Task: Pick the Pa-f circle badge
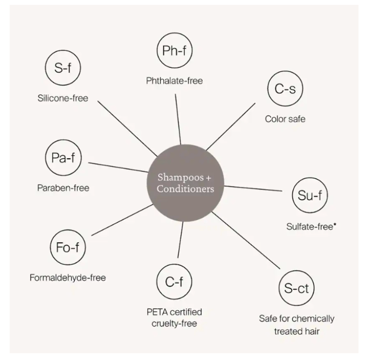pyautogui.click(x=62, y=158)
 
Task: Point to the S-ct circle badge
pyautogui.click(x=296, y=289)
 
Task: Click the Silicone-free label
pyautogui.click(x=62, y=98)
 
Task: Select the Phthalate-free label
pyautogui.click(x=174, y=81)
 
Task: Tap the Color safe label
pyautogui.click(x=285, y=119)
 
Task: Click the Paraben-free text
pyautogui.click(x=63, y=188)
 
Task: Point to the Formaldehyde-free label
pyautogui.click(x=67, y=278)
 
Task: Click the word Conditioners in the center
pyautogui.click(x=185, y=189)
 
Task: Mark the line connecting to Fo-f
pyautogui.click(x=122, y=220)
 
